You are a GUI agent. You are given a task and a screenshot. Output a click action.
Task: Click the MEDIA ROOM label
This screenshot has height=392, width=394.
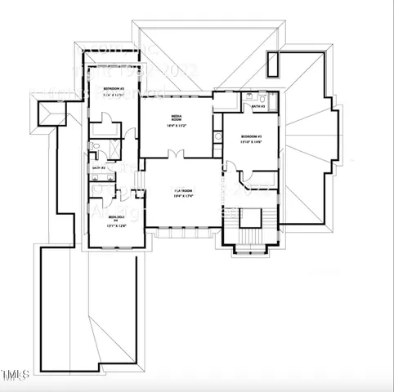(176, 119)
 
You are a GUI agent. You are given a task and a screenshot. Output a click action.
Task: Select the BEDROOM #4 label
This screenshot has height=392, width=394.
(115, 218)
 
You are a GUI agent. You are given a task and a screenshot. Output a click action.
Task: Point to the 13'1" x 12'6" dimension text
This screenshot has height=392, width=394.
(116, 226)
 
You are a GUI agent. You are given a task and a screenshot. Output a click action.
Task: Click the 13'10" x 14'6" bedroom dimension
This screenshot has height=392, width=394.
(244, 142)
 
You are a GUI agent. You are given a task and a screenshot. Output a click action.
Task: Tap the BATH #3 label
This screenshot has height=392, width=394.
(257, 107)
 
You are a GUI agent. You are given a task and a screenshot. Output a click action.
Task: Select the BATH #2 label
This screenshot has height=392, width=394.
(97, 168)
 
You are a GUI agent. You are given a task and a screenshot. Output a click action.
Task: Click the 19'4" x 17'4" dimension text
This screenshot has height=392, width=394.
(182, 197)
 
